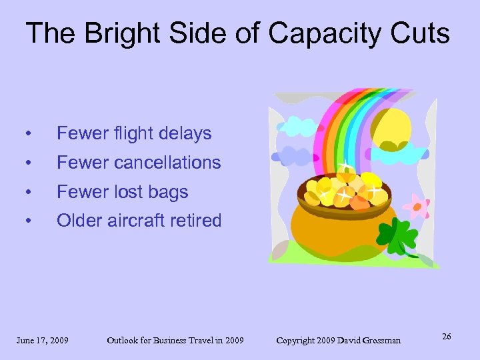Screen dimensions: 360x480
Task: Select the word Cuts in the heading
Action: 421,33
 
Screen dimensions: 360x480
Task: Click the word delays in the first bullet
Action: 184,133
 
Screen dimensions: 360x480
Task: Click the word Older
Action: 79,221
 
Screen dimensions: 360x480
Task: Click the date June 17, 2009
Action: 43,341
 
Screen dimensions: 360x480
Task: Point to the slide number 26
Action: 446,337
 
